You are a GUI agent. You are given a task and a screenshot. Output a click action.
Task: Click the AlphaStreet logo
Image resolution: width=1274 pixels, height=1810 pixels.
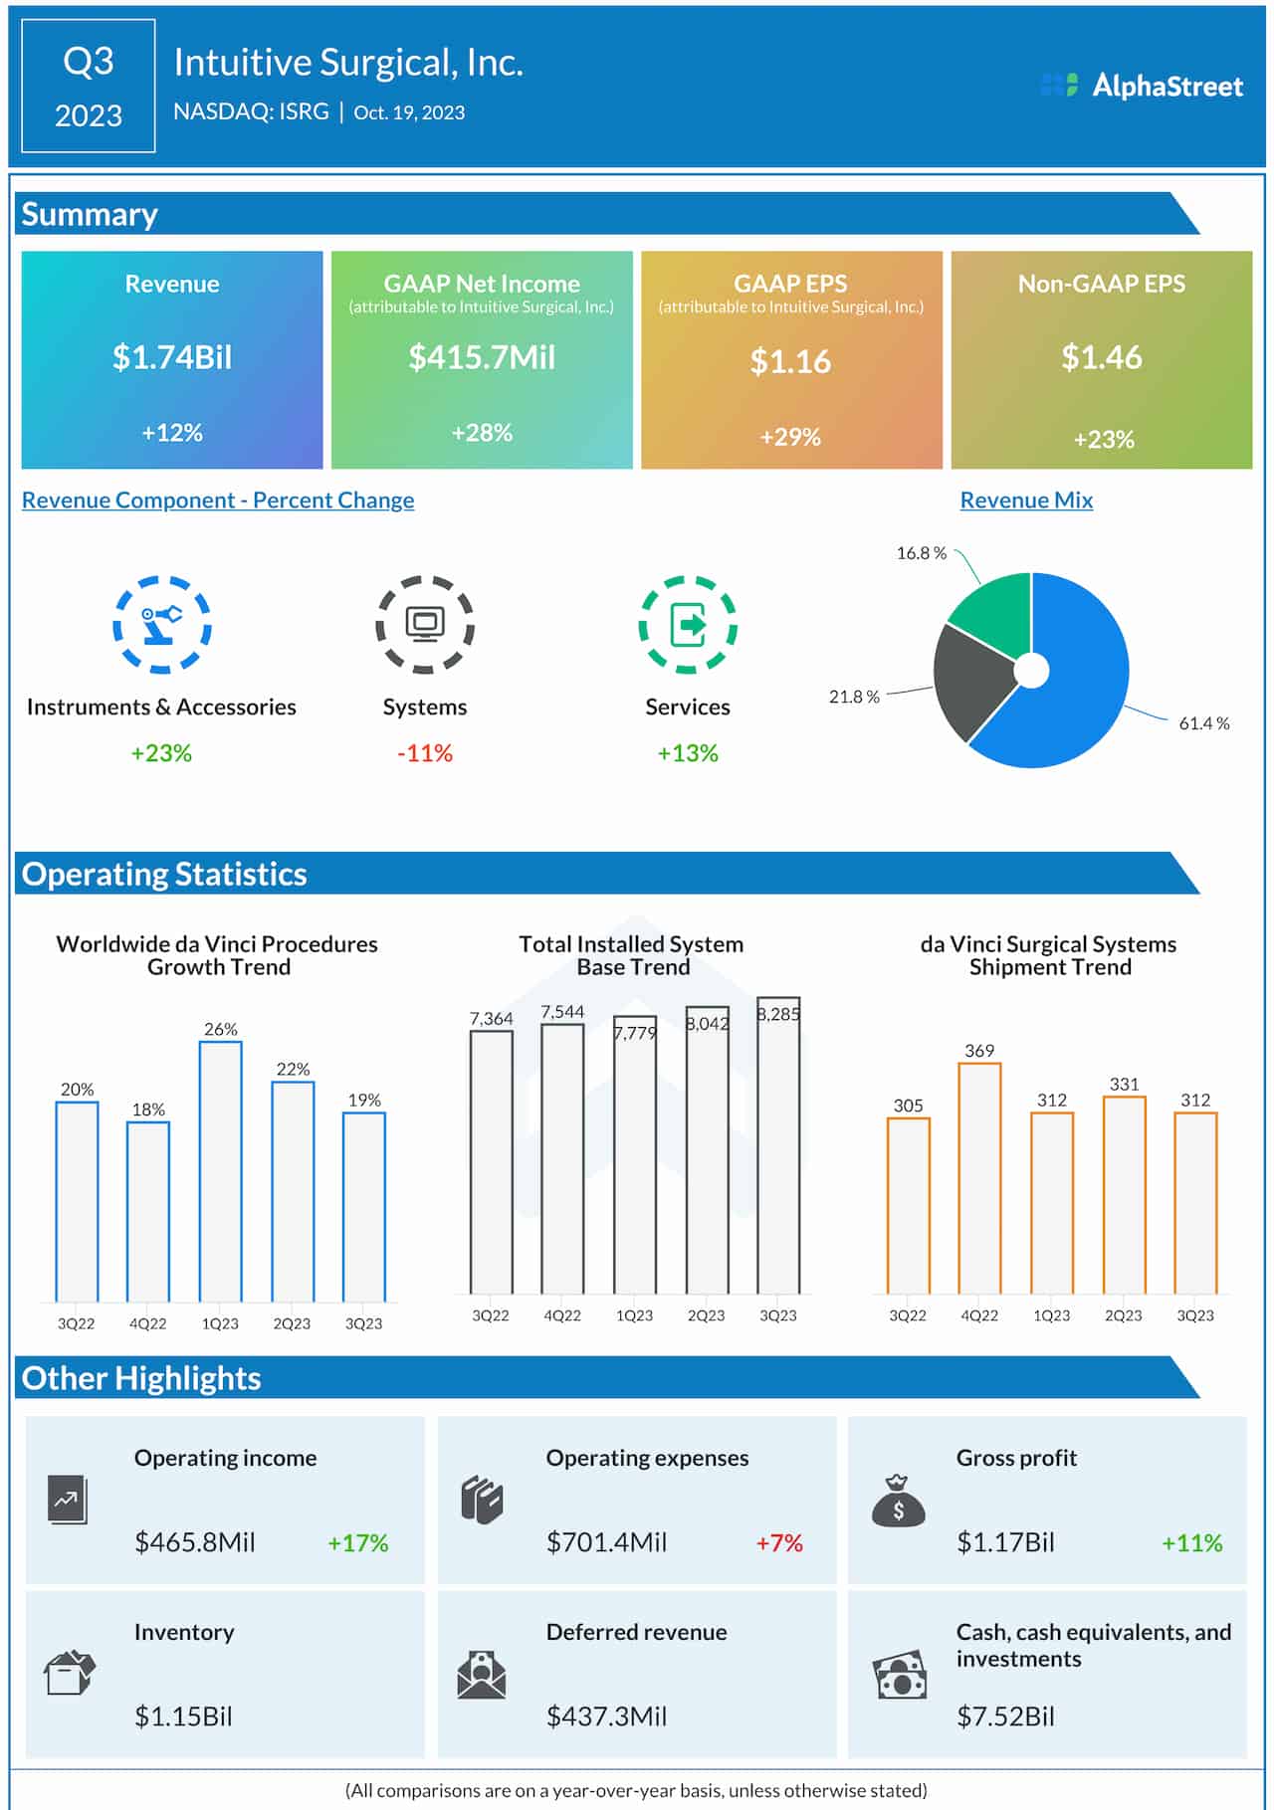point(1142,86)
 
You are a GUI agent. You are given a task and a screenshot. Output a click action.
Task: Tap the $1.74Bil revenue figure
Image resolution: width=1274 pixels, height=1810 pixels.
point(171,357)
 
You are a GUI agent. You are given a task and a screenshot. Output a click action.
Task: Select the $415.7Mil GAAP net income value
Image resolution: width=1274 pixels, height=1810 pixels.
point(482,357)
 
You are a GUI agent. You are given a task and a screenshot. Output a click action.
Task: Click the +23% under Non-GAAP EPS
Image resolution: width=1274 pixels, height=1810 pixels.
point(1103,439)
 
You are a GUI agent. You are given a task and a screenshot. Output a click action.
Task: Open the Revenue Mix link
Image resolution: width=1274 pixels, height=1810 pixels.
point(1025,501)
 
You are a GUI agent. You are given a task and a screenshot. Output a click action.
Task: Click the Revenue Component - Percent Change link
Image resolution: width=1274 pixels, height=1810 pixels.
point(218,501)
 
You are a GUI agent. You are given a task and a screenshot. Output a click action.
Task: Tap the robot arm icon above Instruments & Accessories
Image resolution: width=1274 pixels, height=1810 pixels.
point(161,624)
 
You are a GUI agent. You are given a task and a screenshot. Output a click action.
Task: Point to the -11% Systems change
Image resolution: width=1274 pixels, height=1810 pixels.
point(425,753)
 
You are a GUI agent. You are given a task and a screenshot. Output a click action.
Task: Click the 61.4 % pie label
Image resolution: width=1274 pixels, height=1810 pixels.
point(1203,723)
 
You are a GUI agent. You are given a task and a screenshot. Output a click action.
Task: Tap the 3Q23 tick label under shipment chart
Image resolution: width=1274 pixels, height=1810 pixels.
point(1194,1315)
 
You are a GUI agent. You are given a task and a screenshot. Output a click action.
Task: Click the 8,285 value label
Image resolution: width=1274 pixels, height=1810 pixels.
point(778,1014)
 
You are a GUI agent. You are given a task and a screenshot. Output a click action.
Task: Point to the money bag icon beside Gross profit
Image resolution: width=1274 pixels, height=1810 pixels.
point(898,1502)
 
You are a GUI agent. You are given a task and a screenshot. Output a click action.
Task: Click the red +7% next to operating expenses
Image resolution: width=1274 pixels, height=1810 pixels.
point(779,1542)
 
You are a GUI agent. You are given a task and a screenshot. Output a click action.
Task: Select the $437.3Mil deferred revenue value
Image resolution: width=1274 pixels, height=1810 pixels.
point(606,1716)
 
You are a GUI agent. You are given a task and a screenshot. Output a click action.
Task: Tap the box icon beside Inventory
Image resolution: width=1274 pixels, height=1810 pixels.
point(70,1673)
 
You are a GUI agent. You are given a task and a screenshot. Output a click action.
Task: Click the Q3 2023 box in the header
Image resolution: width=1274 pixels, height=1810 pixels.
point(89,87)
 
